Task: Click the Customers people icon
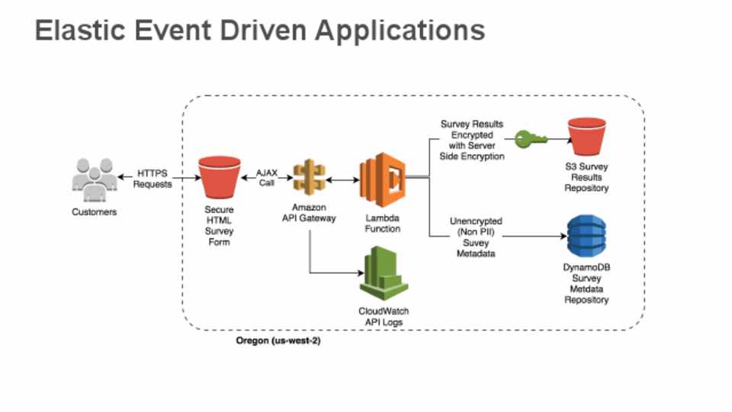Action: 94,179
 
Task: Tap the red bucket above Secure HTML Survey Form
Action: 219,179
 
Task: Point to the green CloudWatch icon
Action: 380,275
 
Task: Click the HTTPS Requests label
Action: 153,179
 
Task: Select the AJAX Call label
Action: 266,178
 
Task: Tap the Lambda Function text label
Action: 382,223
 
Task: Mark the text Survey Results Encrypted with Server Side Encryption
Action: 472,140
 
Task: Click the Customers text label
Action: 95,212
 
